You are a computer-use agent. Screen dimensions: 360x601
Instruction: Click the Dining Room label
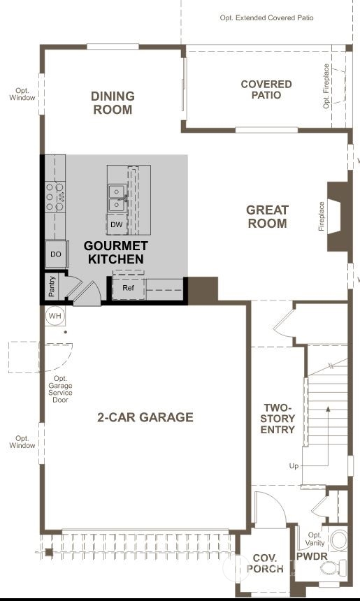click(x=113, y=103)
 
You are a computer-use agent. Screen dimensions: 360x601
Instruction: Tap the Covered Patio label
click(x=266, y=89)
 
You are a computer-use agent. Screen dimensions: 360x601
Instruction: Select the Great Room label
click(x=267, y=217)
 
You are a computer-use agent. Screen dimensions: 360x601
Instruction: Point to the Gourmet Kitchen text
click(x=116, y=252)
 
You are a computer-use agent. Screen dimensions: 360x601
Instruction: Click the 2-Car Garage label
click(x=145, y=417)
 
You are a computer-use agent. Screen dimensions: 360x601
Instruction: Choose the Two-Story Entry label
click(x=278, y=419)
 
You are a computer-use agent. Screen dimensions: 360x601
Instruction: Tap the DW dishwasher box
click(x=116, y=224)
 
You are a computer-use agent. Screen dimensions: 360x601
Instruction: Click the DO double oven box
click(x=56, y=254)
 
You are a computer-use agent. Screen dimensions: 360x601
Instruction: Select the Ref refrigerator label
click(x=128, y=287)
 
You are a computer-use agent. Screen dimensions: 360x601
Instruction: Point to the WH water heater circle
click(x=55, y=316)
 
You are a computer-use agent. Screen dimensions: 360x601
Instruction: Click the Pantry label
click(x=52, y=286)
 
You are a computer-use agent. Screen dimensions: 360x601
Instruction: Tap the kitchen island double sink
click(x=116, y=198)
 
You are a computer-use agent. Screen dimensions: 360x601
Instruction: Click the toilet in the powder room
click(x=329, y=568)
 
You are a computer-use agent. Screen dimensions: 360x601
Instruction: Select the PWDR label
click(x=312, y=556)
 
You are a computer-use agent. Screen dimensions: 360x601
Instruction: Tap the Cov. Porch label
click(x=265, y=563)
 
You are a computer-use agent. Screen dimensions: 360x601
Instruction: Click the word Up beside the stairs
click(x=294, y=465)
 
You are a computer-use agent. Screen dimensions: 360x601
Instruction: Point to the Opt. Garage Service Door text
click(x=60, y=389)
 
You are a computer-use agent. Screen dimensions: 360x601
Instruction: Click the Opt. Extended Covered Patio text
click(x=266, y=17)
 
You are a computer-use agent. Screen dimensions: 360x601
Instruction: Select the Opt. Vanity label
click(x=315, y=539)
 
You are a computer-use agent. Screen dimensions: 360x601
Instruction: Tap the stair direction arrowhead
click(x=328, y=409)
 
